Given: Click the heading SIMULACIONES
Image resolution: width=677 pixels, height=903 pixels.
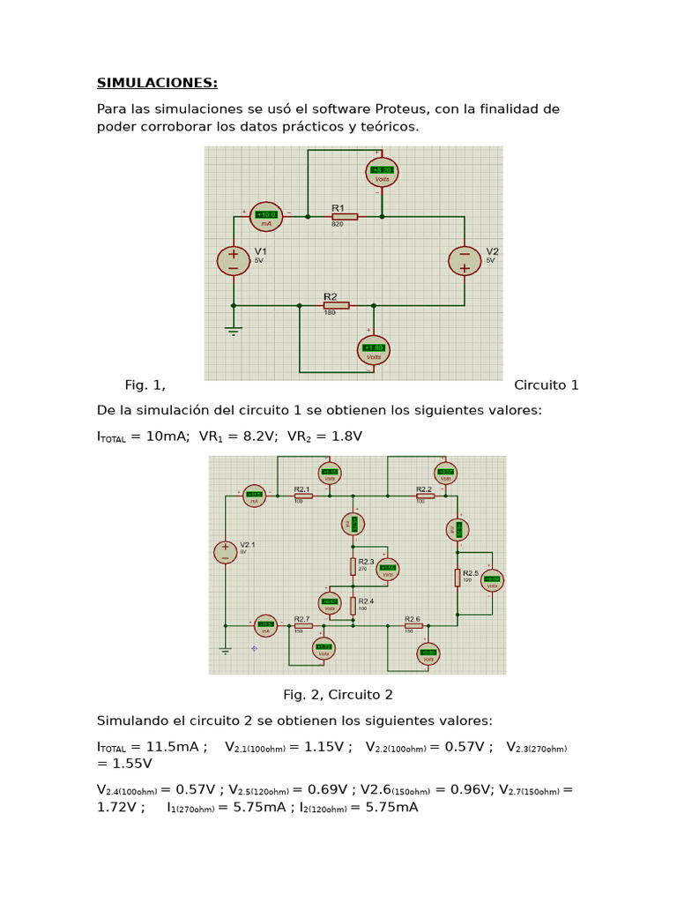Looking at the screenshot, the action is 157,83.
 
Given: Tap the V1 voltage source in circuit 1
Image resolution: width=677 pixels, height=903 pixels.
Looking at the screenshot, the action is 234,260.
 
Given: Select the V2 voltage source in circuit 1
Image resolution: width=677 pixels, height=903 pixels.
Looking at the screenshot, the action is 465,261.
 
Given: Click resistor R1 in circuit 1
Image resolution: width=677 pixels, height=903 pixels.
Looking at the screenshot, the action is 344,216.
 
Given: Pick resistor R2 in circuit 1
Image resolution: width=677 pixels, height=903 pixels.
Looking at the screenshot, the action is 336,305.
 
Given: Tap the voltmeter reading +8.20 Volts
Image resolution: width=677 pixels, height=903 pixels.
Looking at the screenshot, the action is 382,171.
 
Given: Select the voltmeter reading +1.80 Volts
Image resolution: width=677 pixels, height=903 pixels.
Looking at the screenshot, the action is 374,349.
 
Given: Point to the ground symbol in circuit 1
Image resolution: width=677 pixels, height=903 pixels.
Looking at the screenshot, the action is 234,330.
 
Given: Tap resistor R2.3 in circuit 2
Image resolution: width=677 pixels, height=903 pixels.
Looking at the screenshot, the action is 353,564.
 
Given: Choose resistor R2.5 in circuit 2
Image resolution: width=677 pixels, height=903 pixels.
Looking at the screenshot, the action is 458,577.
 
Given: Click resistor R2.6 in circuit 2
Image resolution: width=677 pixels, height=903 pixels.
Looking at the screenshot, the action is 413,625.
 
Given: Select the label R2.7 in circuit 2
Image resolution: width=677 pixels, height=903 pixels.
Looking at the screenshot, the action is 301,618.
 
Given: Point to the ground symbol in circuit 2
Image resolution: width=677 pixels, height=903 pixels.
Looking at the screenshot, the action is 226,651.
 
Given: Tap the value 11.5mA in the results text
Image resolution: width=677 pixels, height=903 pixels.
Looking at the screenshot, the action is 167,747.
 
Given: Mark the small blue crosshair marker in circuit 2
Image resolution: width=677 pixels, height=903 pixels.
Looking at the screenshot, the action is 254,648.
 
